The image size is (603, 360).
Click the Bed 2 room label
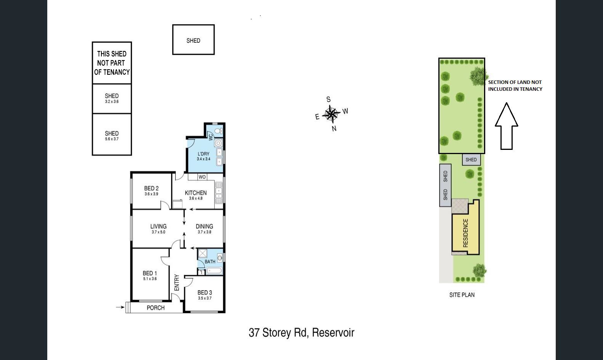[151, 188]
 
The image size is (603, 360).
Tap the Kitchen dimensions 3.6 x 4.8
[196, 198]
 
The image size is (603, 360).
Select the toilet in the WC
[218, 131]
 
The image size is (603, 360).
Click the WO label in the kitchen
[202, 177]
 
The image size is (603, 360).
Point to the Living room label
[158, 227]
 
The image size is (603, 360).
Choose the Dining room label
[204, 227]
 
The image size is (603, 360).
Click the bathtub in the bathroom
[214, 271]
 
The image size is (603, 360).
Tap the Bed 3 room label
[205, 292]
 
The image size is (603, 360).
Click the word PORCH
[156, 308]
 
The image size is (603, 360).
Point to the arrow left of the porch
[120, 307]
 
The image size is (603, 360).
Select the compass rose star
[331, 114]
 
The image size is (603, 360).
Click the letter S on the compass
[329, 100]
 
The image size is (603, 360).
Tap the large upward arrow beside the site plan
[506, 126]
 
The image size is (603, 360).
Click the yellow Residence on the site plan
[466, 233]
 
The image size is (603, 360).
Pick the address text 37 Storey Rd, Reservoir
[301, 333]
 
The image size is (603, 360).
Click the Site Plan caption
[462, 295]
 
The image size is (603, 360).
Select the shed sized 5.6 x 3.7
[112, 134]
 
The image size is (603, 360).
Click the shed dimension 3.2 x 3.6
[112, 101]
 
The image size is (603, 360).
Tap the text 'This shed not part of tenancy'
[112, 63]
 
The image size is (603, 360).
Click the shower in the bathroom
[202, 253]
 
